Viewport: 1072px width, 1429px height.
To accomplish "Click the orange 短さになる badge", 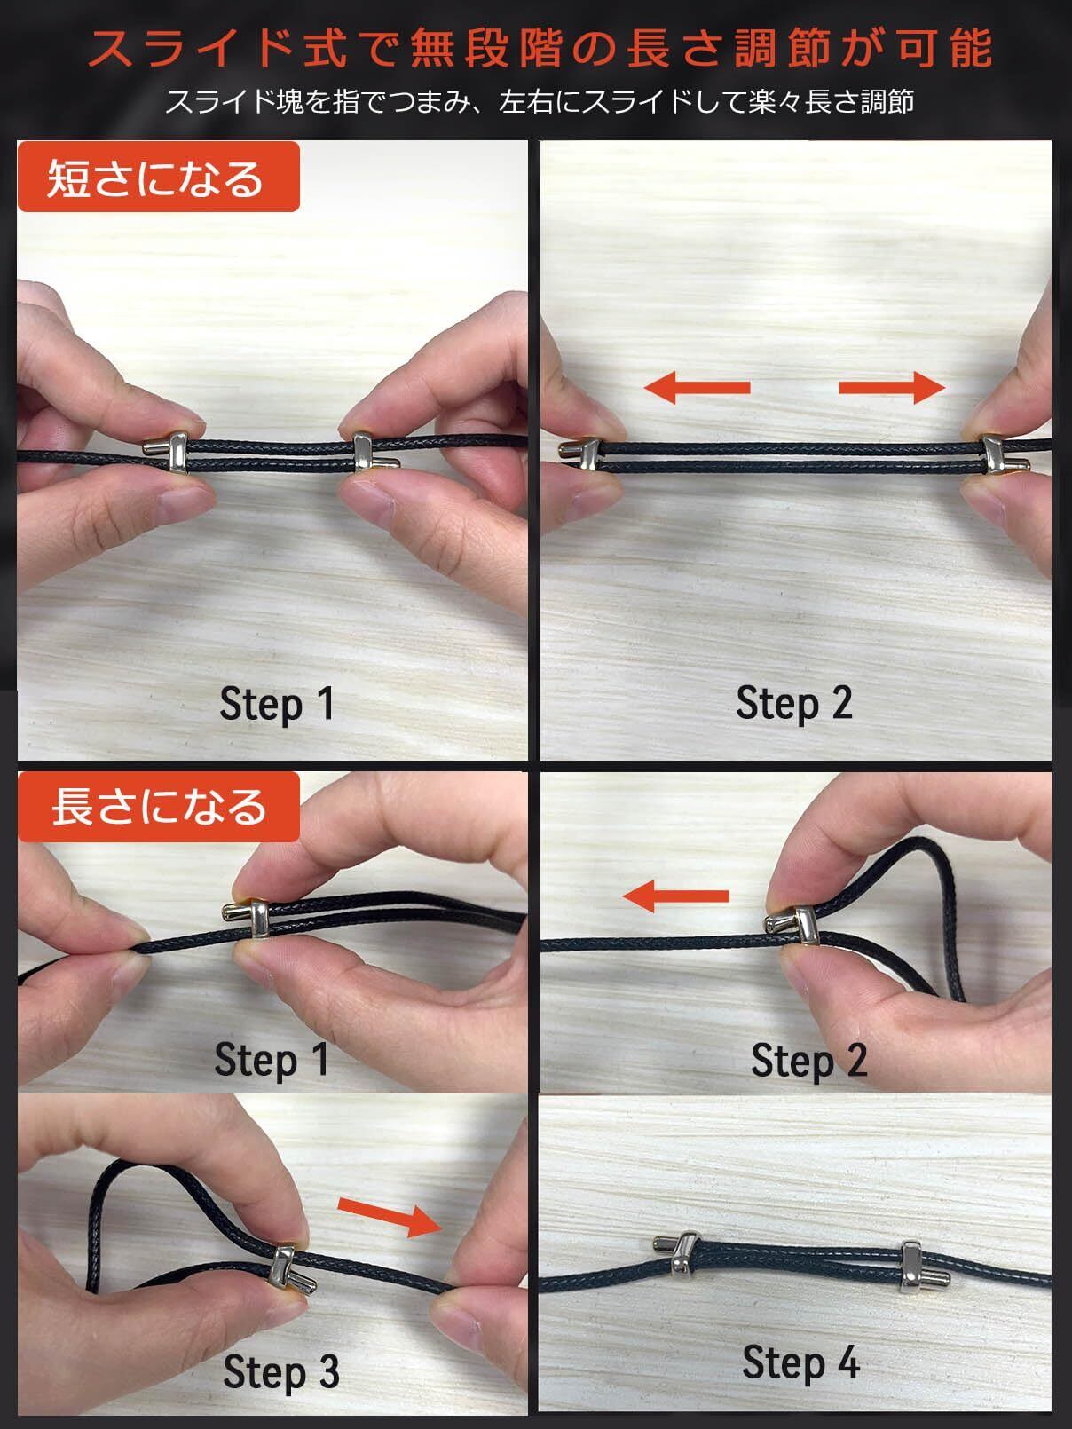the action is [x=158, y=177].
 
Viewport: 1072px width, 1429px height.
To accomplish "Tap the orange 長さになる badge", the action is [x=158, y=807].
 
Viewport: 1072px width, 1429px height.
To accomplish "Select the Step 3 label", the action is [x=281, y=1374].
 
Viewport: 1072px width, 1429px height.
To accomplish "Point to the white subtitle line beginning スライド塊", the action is [x=540, y=102].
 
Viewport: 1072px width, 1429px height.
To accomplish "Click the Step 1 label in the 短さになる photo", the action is [x=277, y=705].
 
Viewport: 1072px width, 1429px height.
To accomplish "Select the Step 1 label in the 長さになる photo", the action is [x=272, y=1060].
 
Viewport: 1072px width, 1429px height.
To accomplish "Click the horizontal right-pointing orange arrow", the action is [x=892, y=388].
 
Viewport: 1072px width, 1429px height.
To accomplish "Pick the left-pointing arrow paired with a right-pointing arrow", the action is [x=698, y=388].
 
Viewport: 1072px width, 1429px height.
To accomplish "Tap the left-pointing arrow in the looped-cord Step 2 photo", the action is [x=675, y=896].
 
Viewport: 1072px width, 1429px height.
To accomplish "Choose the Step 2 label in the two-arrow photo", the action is [x=794, y=704].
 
